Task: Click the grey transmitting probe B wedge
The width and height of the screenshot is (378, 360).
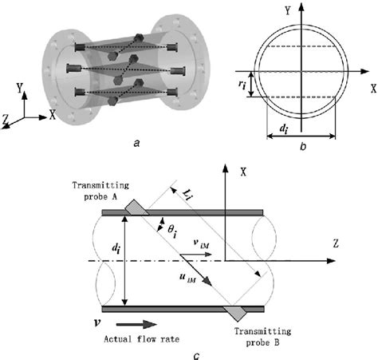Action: (235, 313)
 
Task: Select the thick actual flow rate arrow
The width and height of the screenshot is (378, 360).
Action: (136, 324)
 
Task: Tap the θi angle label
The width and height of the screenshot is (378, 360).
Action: (172, 231)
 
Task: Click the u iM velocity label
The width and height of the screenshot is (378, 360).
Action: (187, 278)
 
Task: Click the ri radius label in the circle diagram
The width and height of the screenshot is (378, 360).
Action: (242, 85)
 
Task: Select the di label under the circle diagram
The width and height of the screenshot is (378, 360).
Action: (284, 129)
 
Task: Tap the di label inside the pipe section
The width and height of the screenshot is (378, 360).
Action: (115, 248)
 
